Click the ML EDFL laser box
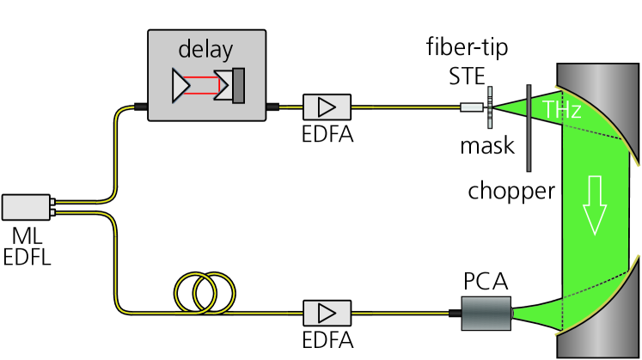(x=27, y=206)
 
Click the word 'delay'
(x=206, y=49)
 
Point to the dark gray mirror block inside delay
(x=239, y=85)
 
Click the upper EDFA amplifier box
(x=327, y=107)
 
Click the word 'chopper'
(x=511, y=191)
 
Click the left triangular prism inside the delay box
(x=183, y=85)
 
